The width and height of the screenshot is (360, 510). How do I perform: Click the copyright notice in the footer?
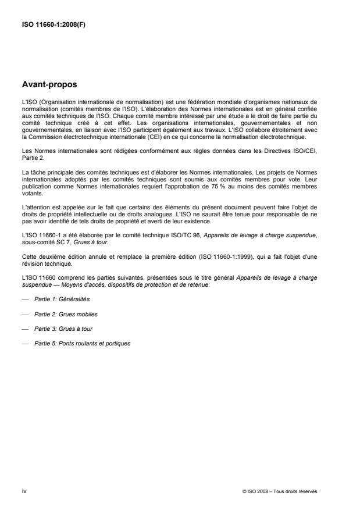280,491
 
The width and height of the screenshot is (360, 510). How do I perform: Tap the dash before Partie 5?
23,343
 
